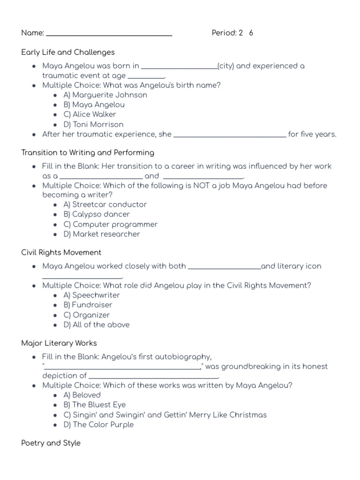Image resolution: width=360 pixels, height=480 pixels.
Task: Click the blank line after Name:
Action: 109,34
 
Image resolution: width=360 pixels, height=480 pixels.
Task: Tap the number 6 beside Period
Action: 251,33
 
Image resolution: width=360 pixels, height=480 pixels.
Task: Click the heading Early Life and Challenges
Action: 68,52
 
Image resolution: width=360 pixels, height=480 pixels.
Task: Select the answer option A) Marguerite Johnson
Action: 105,95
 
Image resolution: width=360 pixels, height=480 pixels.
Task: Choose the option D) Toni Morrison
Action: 94,124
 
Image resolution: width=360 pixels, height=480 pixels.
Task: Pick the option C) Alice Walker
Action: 90,114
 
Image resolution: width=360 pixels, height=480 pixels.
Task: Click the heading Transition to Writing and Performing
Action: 88,152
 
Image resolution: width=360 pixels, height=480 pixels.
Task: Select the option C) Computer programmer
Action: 111,224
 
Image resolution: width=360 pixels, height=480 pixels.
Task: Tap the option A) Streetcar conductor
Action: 105,204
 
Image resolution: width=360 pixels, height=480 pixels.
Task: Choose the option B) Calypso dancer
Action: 97,214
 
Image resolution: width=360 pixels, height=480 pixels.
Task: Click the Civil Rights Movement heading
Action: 61,252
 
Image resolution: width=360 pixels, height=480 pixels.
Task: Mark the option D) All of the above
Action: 97,324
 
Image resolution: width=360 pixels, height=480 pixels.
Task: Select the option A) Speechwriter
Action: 92,295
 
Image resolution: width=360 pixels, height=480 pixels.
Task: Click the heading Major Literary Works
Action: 59,343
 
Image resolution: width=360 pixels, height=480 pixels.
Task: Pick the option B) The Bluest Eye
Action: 95,405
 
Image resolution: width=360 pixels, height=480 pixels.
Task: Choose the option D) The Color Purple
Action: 98,424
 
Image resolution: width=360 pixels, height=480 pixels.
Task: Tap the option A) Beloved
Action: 82,395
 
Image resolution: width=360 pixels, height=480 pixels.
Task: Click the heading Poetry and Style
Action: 51,443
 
